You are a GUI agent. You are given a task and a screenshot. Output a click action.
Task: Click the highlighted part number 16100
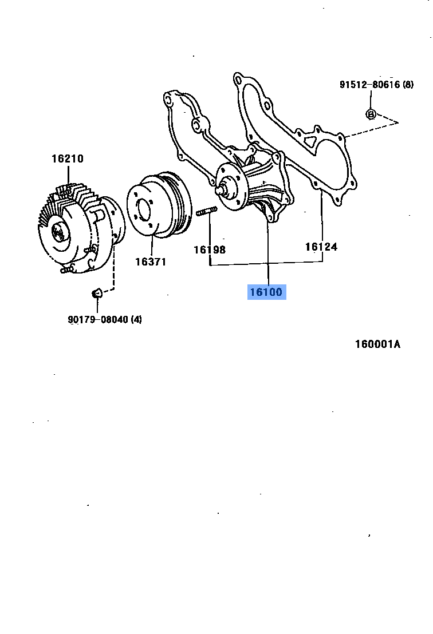pos(266,292)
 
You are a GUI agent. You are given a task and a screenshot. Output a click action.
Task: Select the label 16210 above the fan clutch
pos(68,158)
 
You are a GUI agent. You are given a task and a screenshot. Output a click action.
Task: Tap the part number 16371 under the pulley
pos(151,261)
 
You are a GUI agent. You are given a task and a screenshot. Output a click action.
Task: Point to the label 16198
pos(209,249)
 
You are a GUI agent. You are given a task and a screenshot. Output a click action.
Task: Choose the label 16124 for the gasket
pos(321,247)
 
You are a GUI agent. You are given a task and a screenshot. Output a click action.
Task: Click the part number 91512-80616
pos(369,85)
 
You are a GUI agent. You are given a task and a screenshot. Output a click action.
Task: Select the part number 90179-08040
pos(97,319)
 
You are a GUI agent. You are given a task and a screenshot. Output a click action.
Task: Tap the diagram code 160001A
pos(377,344)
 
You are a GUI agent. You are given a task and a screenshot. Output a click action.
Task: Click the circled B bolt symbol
pos(370,114)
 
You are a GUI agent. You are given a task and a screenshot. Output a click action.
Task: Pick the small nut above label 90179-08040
pos(97,294)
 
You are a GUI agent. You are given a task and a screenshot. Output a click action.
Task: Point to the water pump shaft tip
pos(220,187)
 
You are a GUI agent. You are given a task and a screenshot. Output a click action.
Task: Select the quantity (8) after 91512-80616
pos(407,85)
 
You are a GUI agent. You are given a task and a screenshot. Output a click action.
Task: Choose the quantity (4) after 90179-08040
pos(136,319)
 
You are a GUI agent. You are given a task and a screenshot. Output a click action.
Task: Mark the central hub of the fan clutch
pos(59,232)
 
